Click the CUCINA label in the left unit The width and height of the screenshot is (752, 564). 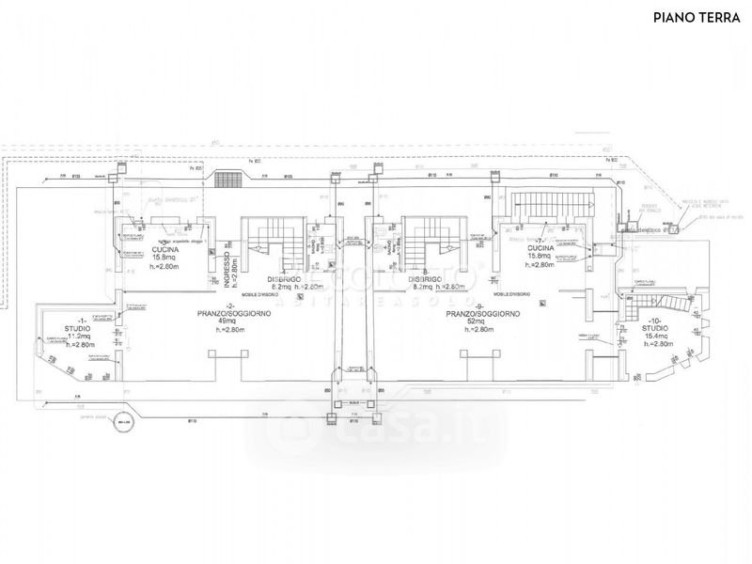click(x=167, y=249)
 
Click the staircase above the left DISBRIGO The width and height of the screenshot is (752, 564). click(x=276, y=241)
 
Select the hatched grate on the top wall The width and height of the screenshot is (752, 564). click(x=226, y=179)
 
